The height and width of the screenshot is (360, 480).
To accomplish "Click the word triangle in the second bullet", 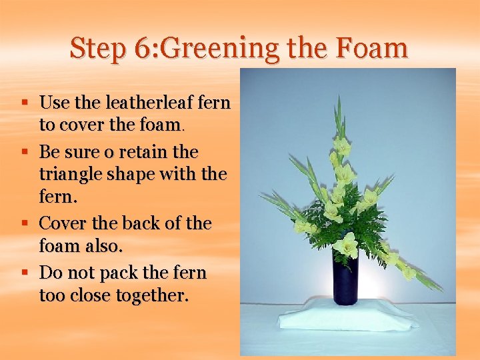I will [x=69, y=175].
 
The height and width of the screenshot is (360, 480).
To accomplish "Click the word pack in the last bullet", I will [x=121, y=273].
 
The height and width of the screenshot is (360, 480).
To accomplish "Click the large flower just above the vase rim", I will [x=346, y=246].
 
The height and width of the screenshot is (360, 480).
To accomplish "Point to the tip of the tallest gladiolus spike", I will [x=339, y=99].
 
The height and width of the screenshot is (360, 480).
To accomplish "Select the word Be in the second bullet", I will [x=50, y=152].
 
